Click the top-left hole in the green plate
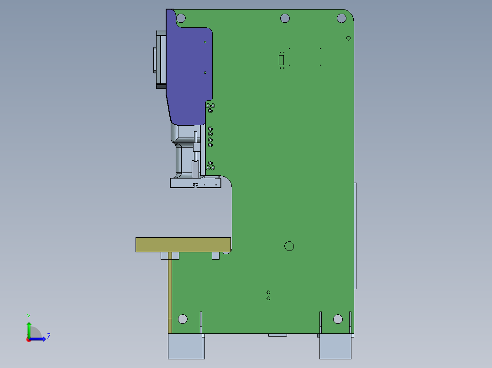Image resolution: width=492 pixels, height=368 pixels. (x=181, y=19)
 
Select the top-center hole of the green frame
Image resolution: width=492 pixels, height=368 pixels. (x=285, y=18)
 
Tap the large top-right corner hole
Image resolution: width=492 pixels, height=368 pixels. (x=341, y=18)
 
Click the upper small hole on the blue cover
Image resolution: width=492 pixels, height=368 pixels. (x=205, y=42)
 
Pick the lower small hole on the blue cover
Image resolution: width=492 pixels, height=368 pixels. (x=205, y=72)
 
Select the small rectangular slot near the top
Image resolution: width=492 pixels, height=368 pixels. (x=282, y=60)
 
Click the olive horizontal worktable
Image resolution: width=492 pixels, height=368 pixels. (x=183, y=245)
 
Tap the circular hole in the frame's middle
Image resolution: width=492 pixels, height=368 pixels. (x=289, y=246)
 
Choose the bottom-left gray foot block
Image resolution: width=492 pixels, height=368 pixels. (x=186, y=347)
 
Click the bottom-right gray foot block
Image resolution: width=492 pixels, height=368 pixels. (x=335, y=347)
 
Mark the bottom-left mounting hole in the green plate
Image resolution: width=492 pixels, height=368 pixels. (x=183, y=319)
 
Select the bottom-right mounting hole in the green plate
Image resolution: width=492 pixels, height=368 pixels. (x=338, y=319)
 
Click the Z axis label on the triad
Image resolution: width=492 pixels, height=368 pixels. (x=49, y=337)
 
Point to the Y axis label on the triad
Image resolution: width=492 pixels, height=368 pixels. (x=28, y=316)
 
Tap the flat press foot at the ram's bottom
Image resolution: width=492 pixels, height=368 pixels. (x=195, y=183)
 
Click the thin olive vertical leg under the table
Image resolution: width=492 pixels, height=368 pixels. (x=170, y=291)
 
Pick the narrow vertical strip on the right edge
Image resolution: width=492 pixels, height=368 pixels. (x=356, y=236)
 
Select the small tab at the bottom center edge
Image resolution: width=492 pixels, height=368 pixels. (x=277, y=335)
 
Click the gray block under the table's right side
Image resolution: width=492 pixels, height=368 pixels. (x=215, y=256)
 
